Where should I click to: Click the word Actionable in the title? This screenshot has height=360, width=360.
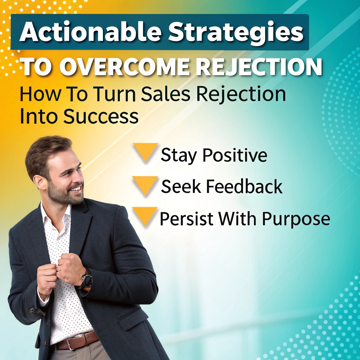(90, 32)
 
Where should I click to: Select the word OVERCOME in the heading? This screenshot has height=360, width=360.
(124, 67)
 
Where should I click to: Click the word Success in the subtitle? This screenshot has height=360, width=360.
(101, 116)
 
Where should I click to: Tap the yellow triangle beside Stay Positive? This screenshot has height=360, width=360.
(146, 152)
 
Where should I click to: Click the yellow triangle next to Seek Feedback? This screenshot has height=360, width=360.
(145, 185)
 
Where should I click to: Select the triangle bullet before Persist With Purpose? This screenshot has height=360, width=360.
(145, 216)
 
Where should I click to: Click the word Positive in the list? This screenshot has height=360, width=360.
(234, 155)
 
